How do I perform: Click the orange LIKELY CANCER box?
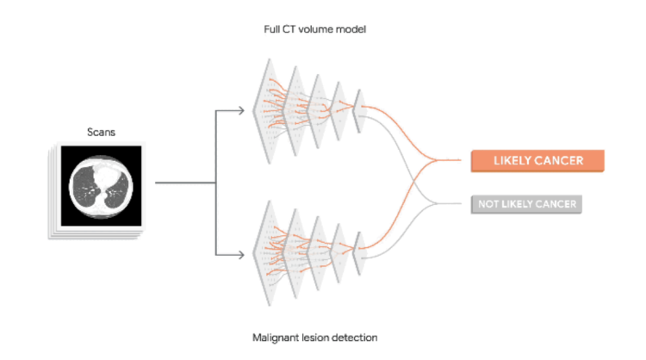(x=537, y=161)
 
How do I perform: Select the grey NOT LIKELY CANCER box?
(x=526, y=204)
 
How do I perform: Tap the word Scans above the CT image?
(x=101, y=133)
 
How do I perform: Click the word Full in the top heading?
(x=271, y=29)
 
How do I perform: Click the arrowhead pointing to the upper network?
(x=240, y=110)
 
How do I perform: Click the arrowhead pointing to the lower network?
(x=240, y=255)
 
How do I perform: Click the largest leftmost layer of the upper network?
(x=266, y=111)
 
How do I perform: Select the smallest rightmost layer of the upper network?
(x=360, y=111)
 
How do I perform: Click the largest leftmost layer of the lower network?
(x=266, y=253)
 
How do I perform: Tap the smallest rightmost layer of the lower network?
(x=360, y=253)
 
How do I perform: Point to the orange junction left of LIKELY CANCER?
(x=436, y=160)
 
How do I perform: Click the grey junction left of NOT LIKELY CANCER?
(x=436, y=203)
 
